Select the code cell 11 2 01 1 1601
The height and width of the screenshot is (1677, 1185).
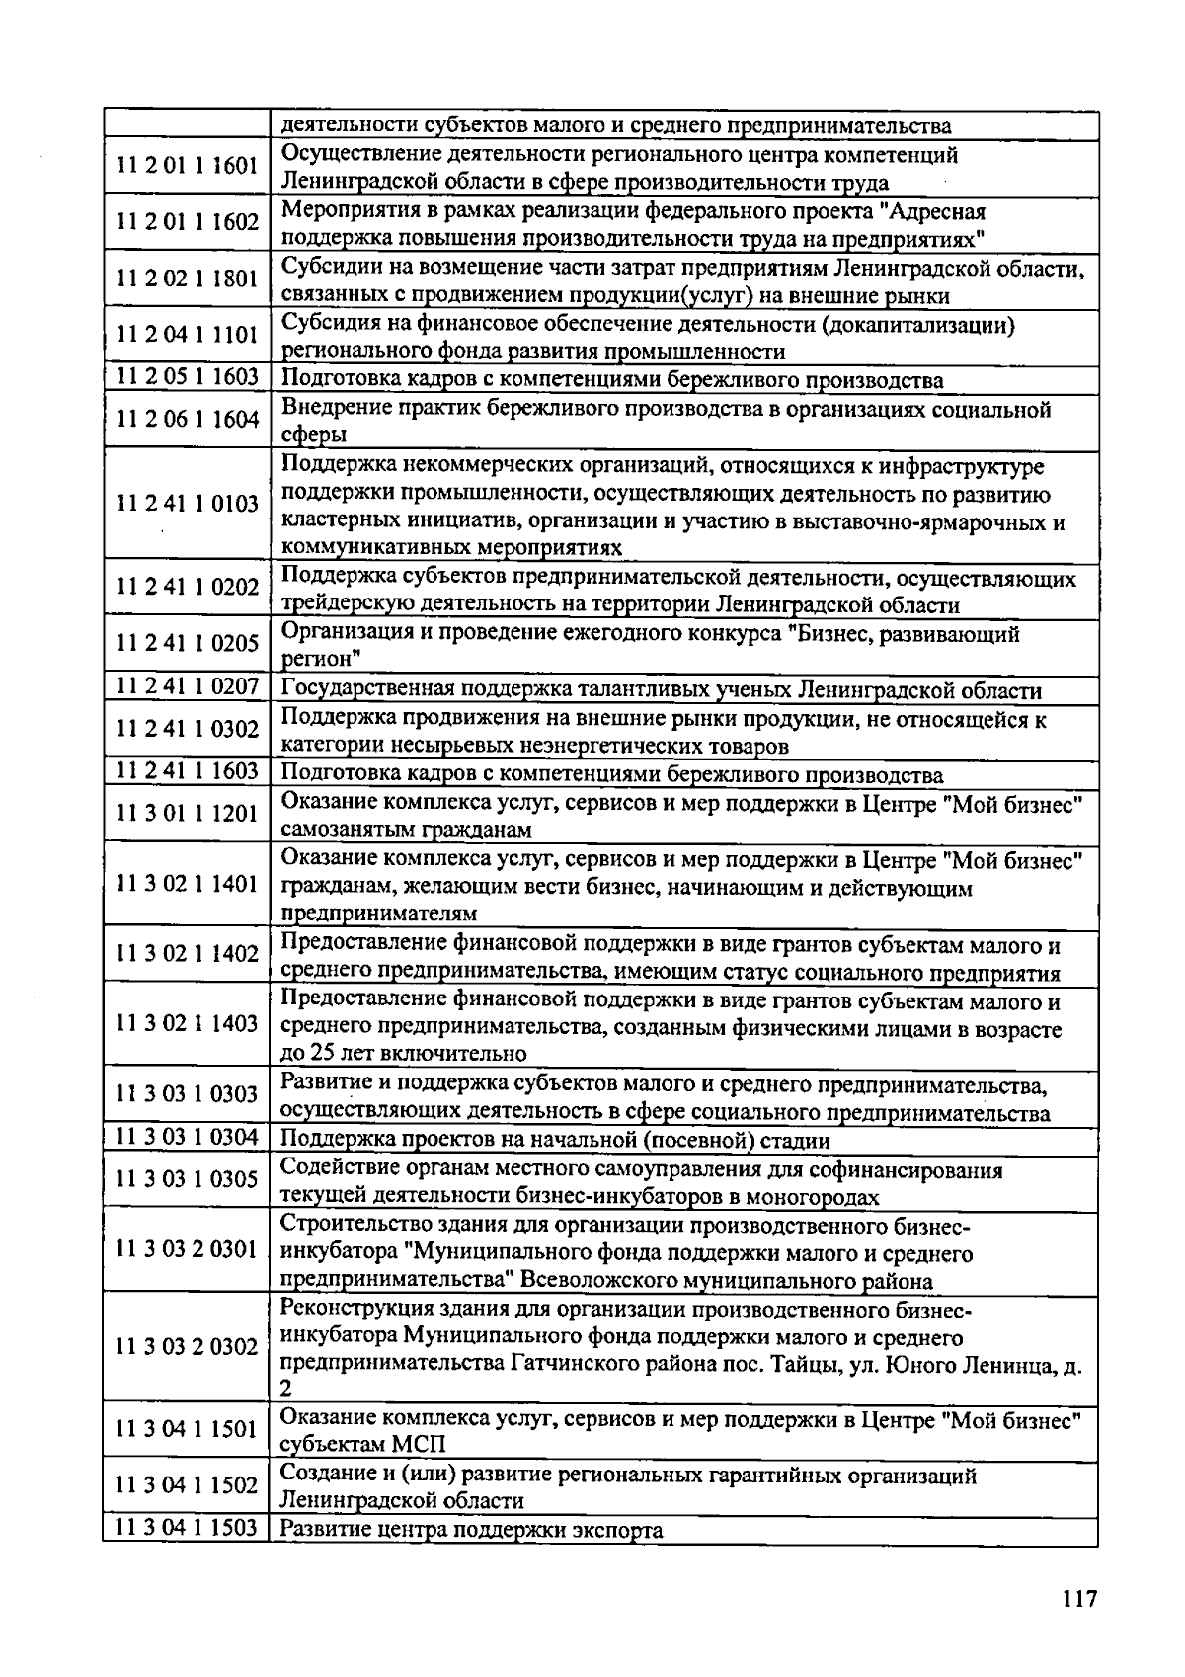click(187, 166)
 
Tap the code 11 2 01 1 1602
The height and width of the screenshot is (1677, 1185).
click(187, 222)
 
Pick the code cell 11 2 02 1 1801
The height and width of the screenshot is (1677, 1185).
click(187, 279)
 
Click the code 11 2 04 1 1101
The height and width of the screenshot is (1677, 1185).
click(187, 335)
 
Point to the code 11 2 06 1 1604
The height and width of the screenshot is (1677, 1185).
click(187, 420)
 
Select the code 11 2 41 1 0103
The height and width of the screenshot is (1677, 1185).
click(187, 504)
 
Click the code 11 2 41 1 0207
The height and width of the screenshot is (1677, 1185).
click(187, 686)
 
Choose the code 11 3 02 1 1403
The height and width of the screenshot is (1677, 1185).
click(187, 1023)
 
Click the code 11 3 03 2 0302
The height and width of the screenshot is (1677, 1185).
click(187, 1347)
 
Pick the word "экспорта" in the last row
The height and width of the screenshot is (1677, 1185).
click(617, 1531)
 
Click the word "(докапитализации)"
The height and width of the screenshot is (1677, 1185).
click(927, 325)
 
